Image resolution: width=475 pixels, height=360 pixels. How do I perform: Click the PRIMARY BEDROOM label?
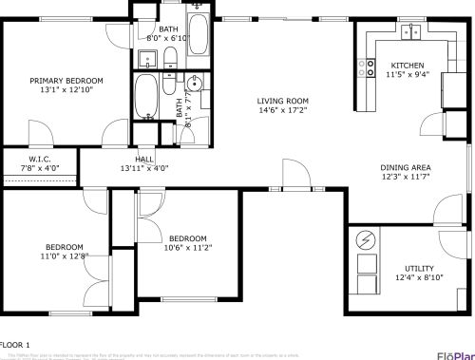(x=66, y=81)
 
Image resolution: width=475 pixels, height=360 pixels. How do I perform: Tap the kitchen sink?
(x=411, y=32)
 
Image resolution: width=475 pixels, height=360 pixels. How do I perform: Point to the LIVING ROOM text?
(x=283, y=101)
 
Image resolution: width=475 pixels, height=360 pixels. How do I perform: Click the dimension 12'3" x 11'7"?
(x=406, y=177)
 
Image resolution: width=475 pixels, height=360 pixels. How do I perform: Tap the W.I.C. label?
(x=39, y=159)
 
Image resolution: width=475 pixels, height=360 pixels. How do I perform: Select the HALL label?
(x=144, y=159)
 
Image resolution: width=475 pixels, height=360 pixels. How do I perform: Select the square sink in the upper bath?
(x=146, y=60)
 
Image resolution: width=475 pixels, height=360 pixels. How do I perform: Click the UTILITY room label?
(x=419, y=268)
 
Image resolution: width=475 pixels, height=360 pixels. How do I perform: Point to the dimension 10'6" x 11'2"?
(x=188, y=248)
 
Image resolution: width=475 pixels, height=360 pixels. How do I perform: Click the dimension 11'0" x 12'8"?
(x=64, y=256)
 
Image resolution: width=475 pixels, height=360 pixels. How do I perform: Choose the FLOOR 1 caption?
(x=15, y=344)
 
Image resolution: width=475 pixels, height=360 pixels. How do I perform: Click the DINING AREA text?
(x=406, y=166)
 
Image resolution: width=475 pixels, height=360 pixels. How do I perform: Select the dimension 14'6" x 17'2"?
(x=283, y=111)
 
